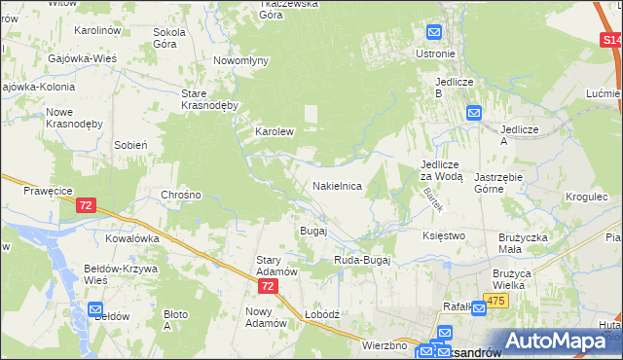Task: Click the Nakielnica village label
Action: [x=337, y=185]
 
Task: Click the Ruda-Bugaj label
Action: [x=362, y=260]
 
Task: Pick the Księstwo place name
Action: [x=444, y=235]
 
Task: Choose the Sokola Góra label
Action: [x=169, y=38]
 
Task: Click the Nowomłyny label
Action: [x=240, y=60]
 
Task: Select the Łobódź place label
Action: [x=320, y=314]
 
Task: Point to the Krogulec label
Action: [x=586, y=196]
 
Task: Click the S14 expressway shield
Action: [x=610, y=40]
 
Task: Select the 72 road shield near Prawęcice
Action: [x=86, y=205]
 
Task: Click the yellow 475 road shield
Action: [x=496, y=302]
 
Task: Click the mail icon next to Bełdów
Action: [x=96, y=309]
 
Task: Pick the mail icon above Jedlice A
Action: [x=474, y=113]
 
